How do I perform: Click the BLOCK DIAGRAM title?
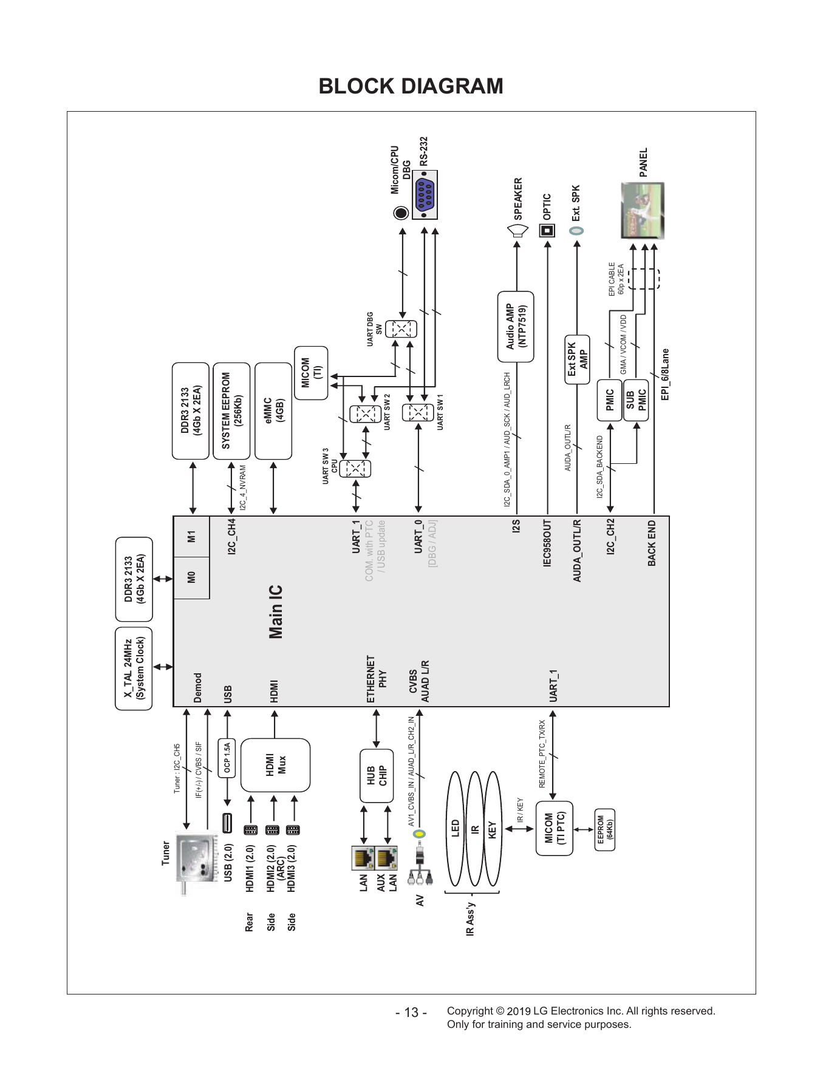point(411,86)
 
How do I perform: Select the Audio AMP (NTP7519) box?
point(516,327)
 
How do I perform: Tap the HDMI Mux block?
point(275,765)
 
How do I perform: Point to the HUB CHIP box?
point(377,776)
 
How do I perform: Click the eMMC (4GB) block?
point(273,411)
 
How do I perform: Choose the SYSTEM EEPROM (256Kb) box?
point(231,411)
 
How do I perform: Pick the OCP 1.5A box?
point(227,759)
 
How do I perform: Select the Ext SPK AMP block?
point(577,359)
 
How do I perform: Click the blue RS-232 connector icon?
point(425,195)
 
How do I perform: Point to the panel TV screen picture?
point(643,211)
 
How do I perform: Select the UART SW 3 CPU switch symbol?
point(355,469)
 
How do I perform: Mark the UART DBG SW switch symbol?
point(401,328)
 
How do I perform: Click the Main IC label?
point(276,612)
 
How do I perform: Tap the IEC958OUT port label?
point(547,543)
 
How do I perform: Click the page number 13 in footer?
point(411,1013)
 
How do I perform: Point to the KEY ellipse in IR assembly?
point(492,829)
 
